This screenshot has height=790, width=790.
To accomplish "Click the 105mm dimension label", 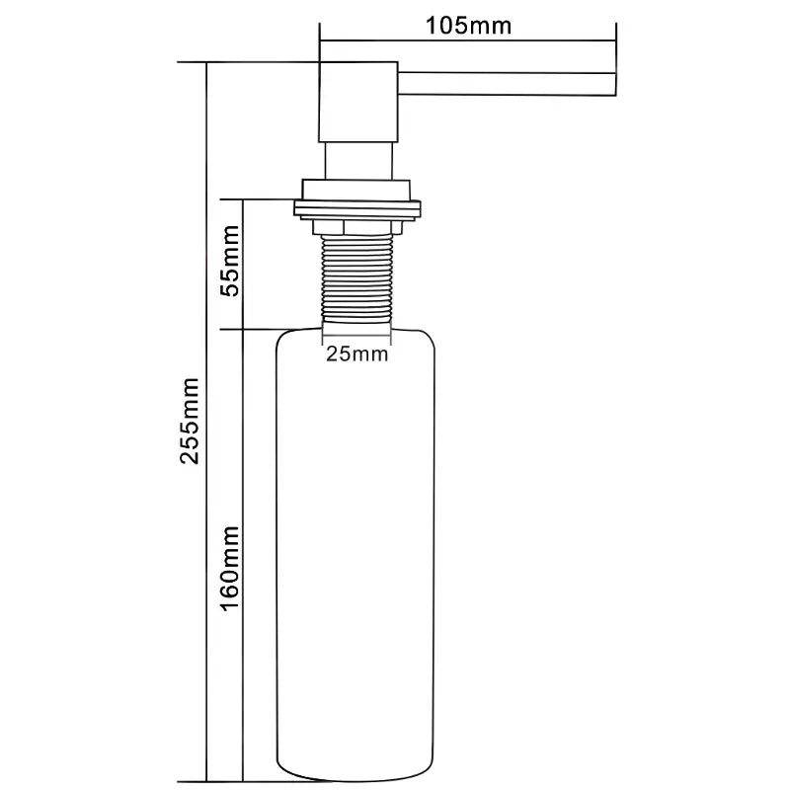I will point(468,26).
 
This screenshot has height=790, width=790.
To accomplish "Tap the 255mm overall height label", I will point(192,421).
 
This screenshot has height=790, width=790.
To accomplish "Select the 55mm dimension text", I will point(229,262).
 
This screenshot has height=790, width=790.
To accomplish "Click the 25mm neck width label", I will point(356,354).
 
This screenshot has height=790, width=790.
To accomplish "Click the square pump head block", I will point(357,102).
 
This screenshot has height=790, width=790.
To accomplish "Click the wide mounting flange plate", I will point(357,207).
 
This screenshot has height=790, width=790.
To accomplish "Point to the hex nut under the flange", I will point(357,228).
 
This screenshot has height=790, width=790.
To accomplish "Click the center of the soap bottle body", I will point(357,553).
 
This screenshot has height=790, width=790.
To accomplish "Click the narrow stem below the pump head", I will point(357,161).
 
